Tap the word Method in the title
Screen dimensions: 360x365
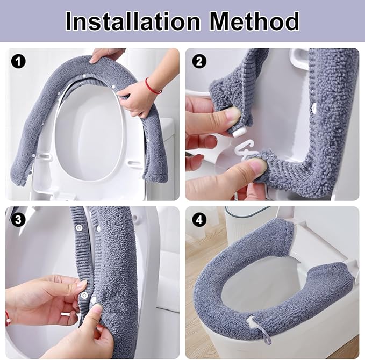click(x=254, y=21)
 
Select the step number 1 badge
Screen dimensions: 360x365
click(x=19, y=62)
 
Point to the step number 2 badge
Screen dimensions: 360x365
click(x=199, y=62)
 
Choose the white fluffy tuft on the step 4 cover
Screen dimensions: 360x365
click(x=251, y=322)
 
